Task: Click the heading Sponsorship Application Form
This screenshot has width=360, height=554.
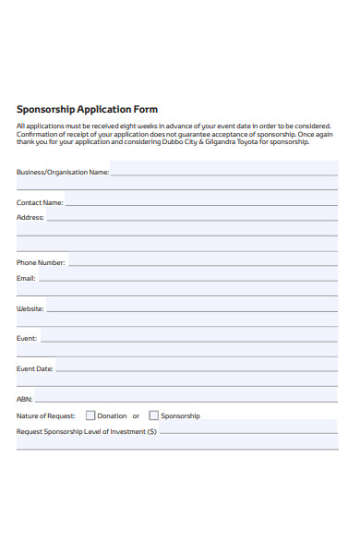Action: [87, 109]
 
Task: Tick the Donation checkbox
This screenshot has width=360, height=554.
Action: [90, 415]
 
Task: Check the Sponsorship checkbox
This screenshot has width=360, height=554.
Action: [153, 415]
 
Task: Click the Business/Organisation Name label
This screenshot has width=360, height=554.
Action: [63, 172]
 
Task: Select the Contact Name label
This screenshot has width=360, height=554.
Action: [40, 202]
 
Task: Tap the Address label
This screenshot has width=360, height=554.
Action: [30, 218]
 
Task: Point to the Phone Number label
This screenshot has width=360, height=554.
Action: [41, 262]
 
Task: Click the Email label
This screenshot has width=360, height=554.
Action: [26, 278]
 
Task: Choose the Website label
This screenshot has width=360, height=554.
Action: [30, 309]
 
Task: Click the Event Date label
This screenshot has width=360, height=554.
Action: [35, 368]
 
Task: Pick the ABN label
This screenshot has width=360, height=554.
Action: [24, 399]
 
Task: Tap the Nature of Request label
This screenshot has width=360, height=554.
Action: [46, 416]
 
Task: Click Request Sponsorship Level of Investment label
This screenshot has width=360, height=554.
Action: [87, 431]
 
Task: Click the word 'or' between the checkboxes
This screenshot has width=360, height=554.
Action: [136, 416]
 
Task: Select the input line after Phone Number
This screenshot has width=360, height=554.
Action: [203, 264]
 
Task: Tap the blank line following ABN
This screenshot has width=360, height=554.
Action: [186, 401]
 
